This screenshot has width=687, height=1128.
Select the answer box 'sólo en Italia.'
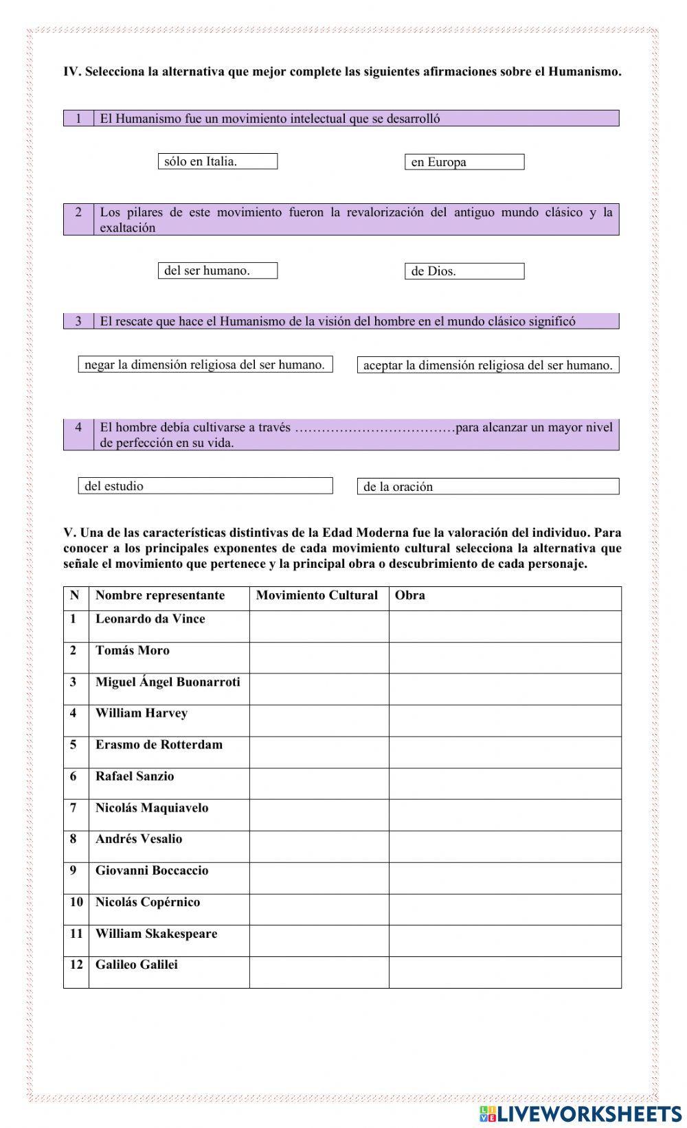point(217,161)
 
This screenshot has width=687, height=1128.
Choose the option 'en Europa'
point(464,162)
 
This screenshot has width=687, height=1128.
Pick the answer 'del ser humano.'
point(217,271)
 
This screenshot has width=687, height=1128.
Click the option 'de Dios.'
point(464,271)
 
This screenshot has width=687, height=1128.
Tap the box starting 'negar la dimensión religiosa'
point(205,365)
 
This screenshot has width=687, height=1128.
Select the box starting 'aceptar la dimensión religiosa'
point(488,365)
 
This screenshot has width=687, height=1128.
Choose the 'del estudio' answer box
point(205,486)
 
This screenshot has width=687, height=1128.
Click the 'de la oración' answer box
point(488,487)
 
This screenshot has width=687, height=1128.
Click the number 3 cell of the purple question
point(78,321)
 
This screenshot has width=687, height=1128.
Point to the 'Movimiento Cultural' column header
point(317,595)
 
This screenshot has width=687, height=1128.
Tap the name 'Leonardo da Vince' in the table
point(150,619)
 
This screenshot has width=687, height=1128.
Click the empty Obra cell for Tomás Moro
point(504,658)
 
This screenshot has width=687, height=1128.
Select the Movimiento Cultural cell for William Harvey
point(319,720)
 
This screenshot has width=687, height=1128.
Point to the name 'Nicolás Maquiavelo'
point(151,807)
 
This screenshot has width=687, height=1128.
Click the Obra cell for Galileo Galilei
point(504,972)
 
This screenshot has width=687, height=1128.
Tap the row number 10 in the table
point(76,901)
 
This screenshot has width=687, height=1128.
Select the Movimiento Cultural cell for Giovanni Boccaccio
point(319,878)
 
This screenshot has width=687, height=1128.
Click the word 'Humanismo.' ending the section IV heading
point(585,71)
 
